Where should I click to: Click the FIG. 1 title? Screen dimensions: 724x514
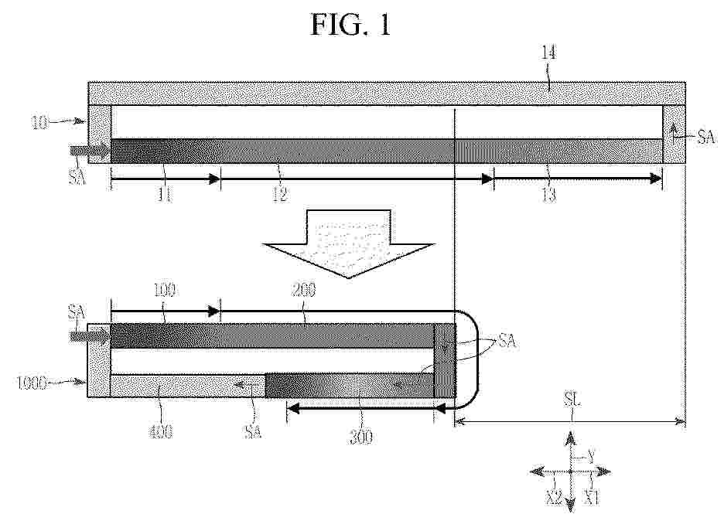(351, 24)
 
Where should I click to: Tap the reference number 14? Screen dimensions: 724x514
(548, 53)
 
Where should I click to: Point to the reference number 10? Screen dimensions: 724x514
(39, 123)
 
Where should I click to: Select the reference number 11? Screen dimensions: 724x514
(165, 196)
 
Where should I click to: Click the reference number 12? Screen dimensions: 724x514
(280, 196)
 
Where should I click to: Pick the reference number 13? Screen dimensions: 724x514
(548, 196)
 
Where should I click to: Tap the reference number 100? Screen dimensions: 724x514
(165, 290)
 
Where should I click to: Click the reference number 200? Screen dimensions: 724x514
(303, 290)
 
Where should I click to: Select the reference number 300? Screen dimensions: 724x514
(361, 437)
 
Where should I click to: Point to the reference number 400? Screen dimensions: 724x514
(160, 432)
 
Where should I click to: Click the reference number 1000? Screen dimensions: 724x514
(32, 384)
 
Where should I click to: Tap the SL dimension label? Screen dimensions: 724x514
(572, 400)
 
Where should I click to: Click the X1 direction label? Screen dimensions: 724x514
(592, 498)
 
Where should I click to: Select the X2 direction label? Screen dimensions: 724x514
(554, 498)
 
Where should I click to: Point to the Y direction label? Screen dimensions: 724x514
(590, 458)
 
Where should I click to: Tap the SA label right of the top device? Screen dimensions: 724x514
(706, 137)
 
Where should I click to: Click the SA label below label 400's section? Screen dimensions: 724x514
(253, 432)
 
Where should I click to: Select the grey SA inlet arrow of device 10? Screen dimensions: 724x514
(90, 151)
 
